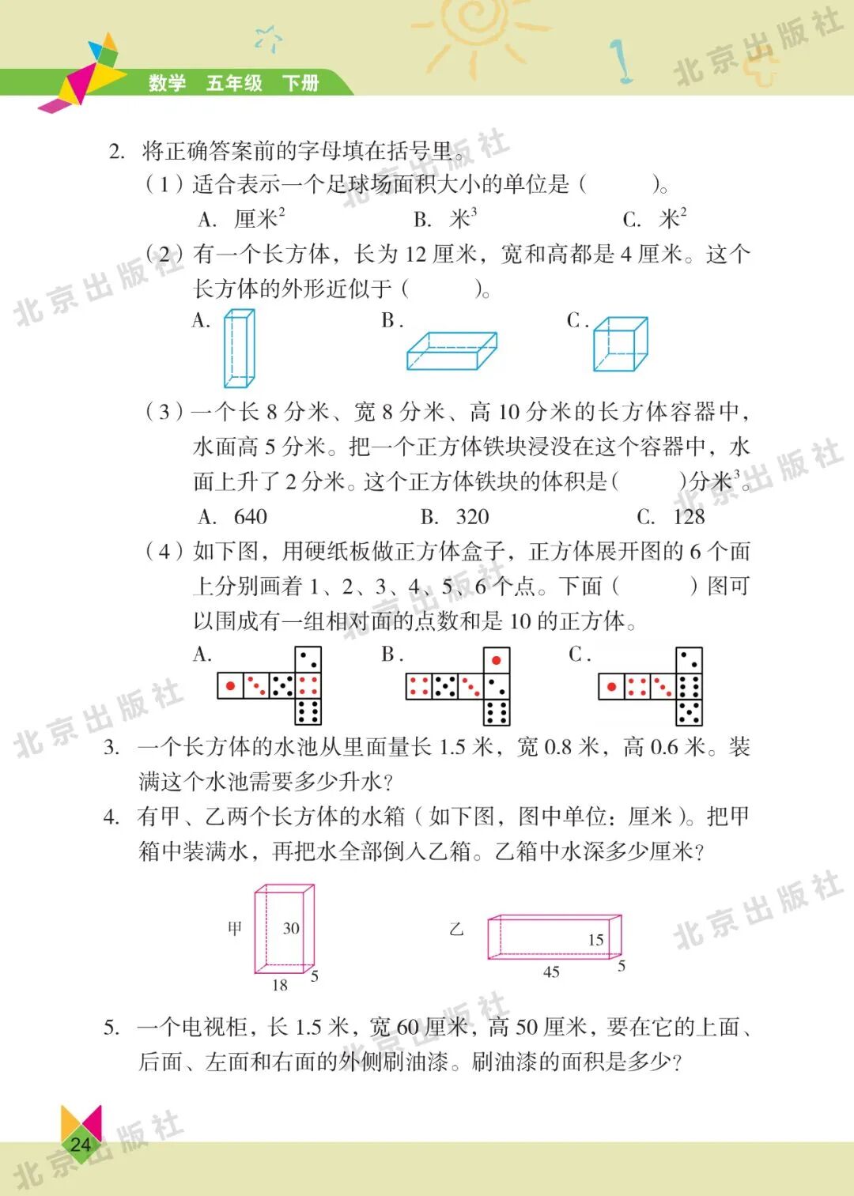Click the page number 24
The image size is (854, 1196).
coord(80,1144)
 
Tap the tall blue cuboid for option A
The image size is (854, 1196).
coord(239,348)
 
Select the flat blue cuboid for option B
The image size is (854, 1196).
coord(452,350)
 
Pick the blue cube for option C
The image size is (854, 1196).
coord(620,344)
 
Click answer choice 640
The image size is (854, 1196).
coord(250,517)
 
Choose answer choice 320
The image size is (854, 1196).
coord(472,517)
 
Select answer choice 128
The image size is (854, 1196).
coord(689,517)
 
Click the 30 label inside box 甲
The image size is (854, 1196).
coord(291,928)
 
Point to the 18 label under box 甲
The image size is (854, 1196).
coord(280,985)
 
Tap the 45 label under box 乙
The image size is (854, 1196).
coord(551,972)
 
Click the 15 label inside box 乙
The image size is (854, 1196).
coord(595,940)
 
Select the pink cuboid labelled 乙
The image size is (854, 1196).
coord(554,937)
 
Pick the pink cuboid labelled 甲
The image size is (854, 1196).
coord(284,929)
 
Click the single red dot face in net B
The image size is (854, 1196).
coord(497,660)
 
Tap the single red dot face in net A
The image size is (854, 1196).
coord(230,685)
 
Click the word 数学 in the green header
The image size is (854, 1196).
coord(167,83)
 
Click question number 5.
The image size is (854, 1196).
coord(111,1028)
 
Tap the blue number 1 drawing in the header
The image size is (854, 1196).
coord(622,61)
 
